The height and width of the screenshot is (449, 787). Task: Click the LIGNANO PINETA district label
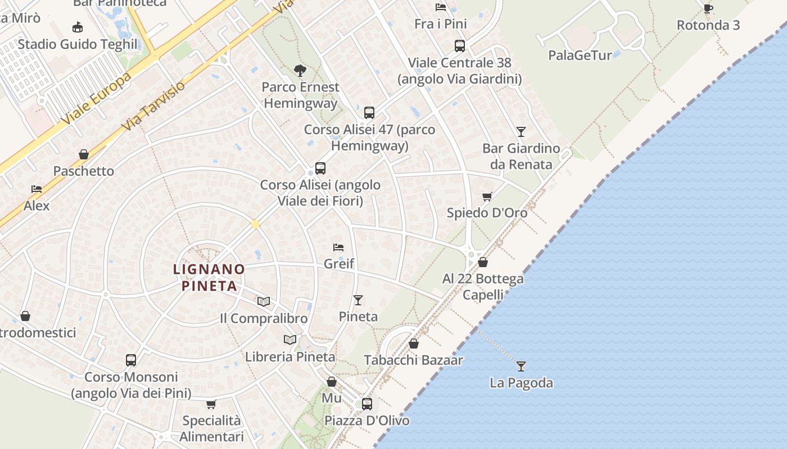209,277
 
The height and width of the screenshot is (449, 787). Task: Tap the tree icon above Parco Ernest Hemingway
300,71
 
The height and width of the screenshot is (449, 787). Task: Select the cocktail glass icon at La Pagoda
521,366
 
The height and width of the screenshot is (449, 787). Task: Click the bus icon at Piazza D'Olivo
367,404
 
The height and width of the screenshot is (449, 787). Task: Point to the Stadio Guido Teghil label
78,44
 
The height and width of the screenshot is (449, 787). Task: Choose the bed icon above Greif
338,247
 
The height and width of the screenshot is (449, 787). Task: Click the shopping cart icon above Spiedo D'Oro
487,196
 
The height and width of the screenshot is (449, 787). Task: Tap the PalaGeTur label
580,55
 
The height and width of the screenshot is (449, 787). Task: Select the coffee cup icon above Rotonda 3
708,8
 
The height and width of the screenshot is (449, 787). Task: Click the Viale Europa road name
97,98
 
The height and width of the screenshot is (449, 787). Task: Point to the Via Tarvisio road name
153,107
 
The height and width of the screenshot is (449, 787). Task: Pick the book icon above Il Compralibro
264,302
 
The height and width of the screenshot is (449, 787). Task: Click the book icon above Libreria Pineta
290,340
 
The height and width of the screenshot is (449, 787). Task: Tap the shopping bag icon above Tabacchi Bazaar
414,343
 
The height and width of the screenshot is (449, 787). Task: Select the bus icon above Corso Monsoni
131,360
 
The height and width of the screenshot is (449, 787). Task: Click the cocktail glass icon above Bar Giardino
521,132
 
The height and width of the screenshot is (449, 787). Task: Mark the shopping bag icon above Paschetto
84,154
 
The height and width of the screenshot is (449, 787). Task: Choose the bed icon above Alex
37,189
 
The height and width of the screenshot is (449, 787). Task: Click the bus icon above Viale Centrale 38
459,46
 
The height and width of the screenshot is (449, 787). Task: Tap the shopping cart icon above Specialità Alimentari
211,404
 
